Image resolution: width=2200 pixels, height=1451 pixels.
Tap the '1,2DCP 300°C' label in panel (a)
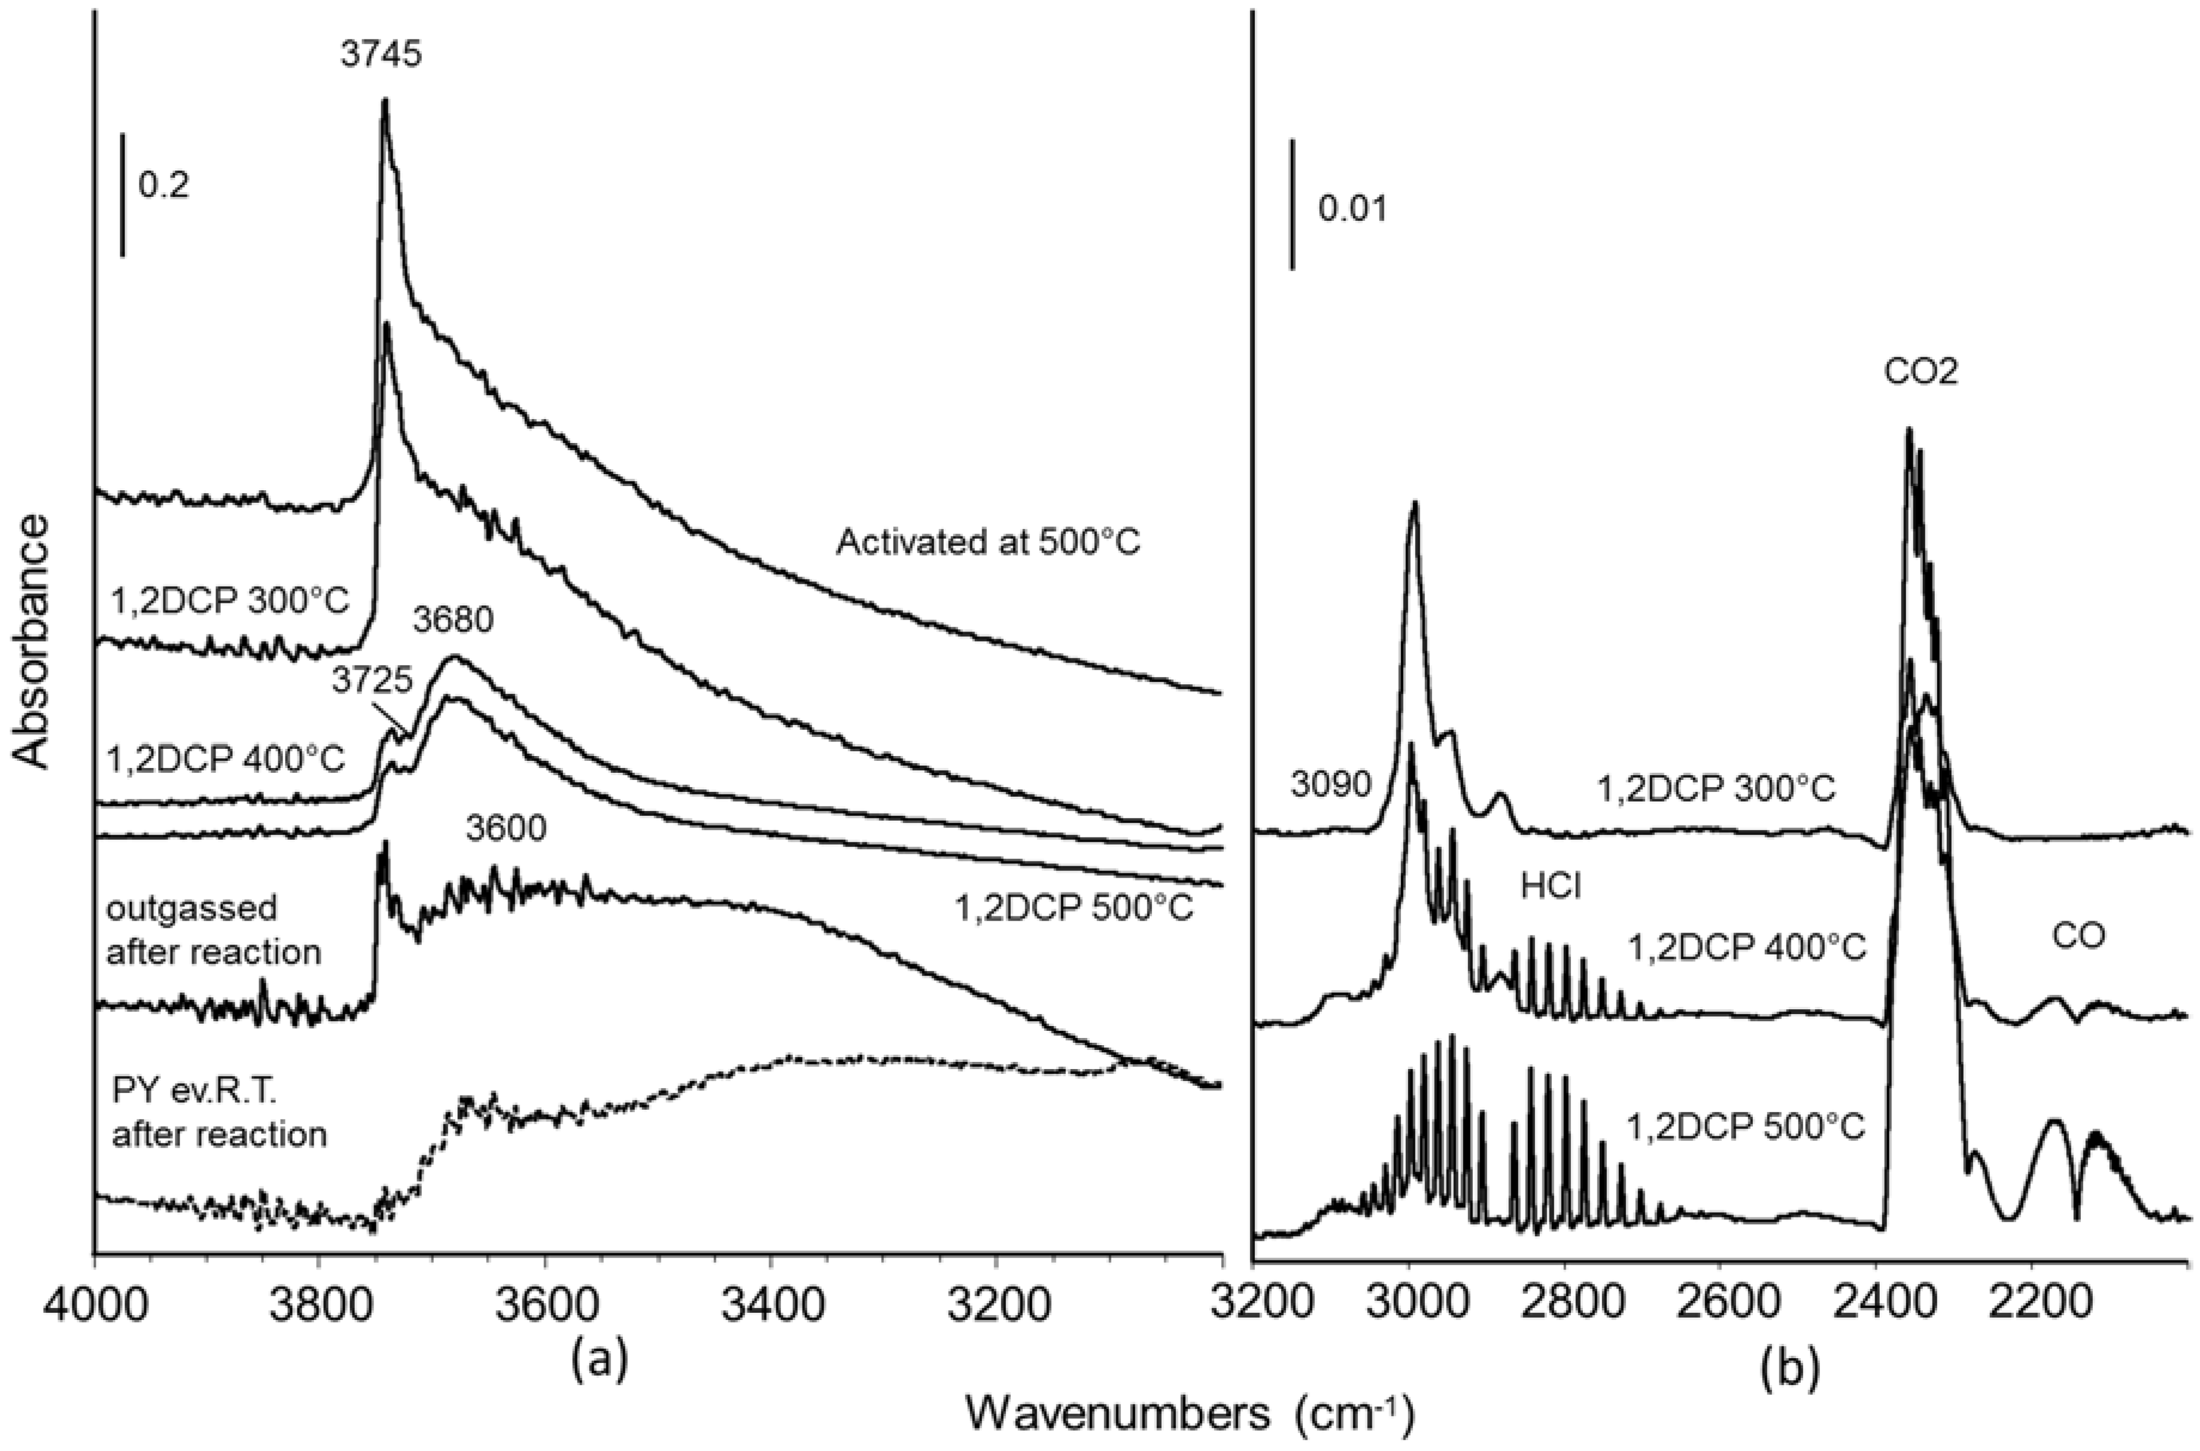pyautogui.click(x=229, y=602)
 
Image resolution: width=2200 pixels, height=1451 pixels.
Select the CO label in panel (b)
pyautogui.click(x=2078, y=936)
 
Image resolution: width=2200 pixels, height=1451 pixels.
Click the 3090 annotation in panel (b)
pyautogui.click(x=1329, y=785)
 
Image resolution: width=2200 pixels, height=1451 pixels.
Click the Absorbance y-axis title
pyautogui.click(x=34, y=641)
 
